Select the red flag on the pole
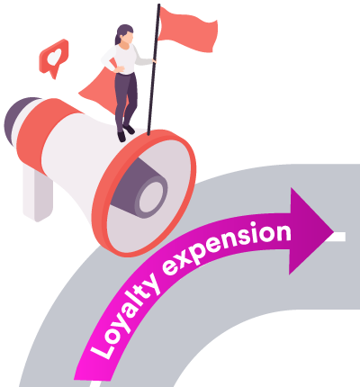click(187, 29)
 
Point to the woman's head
click(125, 34)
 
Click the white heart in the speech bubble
click(55, 57)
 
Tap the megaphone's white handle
click(38, 192)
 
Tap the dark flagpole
click(153, 69)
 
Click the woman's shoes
click(125, 132)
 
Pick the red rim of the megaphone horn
click(144, 193)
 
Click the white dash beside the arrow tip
click(339, 237)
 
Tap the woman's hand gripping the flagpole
click(154, 61)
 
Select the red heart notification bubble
click(54, 58)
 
